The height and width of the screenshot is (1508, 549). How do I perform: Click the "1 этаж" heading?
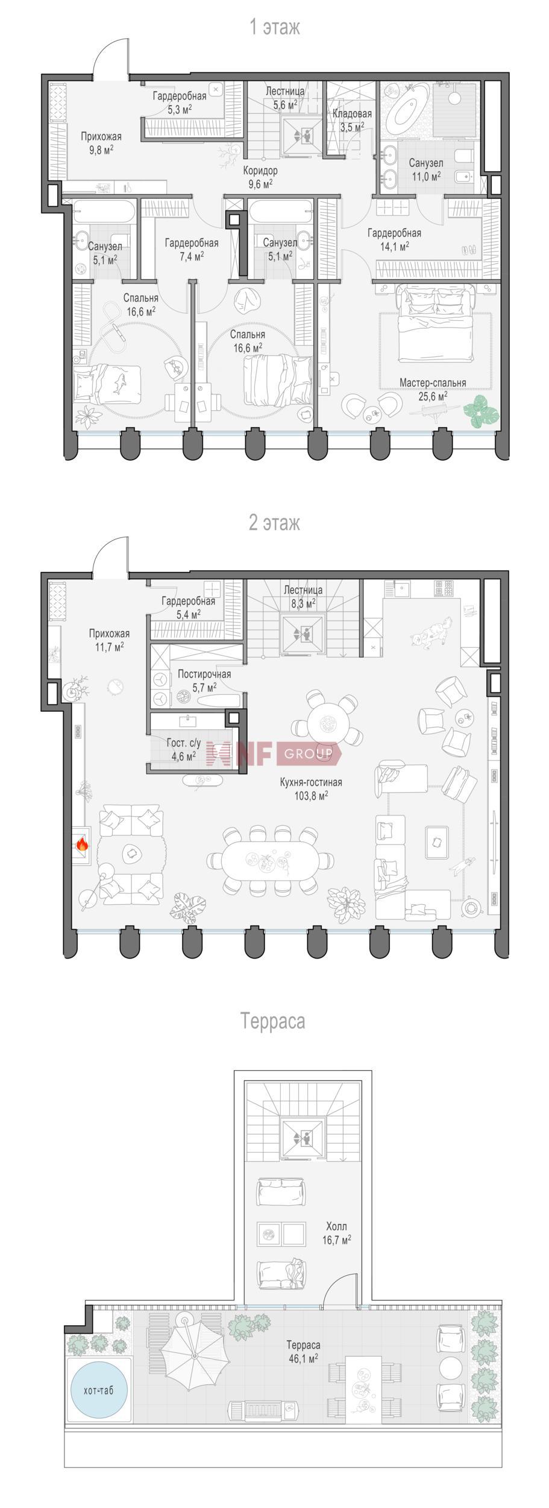pos(275,27)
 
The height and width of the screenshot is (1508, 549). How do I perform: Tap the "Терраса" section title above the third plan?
pos(272,1021)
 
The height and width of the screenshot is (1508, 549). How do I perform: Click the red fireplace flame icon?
pos(82,844)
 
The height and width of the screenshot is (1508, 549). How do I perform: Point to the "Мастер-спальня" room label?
pos(433,382)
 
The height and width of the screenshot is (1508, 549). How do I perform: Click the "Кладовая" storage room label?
pos(352,113)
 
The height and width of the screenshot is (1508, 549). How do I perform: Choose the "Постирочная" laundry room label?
pos(204,674)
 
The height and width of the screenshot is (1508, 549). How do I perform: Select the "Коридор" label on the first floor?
pos(260,171)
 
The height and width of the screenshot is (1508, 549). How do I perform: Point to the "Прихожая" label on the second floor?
pos(109,633)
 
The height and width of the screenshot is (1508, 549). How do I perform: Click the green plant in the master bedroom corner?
pos(482,413)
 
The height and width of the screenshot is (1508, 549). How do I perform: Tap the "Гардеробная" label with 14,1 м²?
pos(394,233)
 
